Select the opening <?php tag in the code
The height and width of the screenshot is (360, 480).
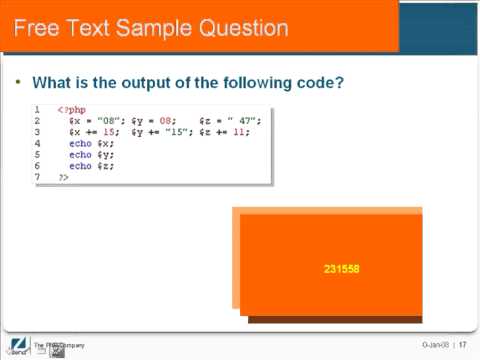[71, 109]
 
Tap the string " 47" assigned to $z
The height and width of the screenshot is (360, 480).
[244, 121]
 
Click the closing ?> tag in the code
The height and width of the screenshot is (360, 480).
[63, 177]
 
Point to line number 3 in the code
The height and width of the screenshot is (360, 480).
[36, 132]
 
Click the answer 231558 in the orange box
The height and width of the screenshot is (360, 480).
[341, 269]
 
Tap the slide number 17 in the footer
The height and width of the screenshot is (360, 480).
[463, 346]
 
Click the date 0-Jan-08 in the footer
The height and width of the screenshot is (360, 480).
[434, 346]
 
